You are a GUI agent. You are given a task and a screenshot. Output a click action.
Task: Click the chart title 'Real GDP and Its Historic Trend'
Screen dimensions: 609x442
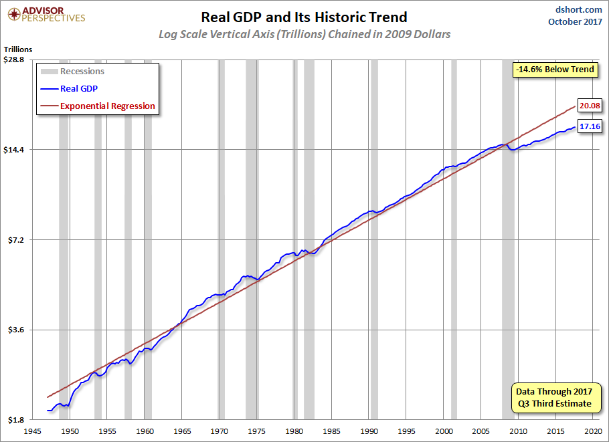point(304,17)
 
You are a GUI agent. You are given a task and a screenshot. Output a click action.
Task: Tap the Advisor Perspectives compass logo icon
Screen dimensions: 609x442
point(14,15)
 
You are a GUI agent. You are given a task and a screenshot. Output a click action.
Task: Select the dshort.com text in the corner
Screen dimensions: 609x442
point(578,9)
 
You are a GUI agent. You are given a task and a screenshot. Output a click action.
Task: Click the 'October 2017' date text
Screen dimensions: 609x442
point(576,21)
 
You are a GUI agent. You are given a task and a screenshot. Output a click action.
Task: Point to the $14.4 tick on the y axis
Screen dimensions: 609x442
point(14,149)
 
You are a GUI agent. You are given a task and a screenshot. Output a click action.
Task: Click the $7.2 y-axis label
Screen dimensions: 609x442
point(16,240)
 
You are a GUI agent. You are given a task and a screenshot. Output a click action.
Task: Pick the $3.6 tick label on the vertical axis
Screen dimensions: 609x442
point(16,330)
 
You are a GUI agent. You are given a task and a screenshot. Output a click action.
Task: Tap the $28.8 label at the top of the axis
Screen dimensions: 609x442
point(14,60)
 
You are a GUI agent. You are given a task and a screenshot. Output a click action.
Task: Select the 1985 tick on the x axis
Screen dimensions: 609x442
point(332,431)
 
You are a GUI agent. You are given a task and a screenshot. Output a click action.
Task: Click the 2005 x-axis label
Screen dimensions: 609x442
point(481,431)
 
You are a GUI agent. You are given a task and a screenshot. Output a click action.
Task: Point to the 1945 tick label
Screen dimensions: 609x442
point(33,431)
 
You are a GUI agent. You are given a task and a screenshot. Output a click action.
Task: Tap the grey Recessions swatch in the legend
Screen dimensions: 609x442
point(50,72)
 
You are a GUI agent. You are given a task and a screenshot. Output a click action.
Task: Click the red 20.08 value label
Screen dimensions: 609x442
point(590,106)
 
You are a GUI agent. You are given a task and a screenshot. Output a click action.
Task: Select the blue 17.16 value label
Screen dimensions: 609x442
point(590,126)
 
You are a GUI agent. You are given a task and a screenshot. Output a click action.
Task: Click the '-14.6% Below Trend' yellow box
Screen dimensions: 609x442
point(555,70)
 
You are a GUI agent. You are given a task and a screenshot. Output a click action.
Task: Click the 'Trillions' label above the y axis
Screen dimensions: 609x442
point(18,49)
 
